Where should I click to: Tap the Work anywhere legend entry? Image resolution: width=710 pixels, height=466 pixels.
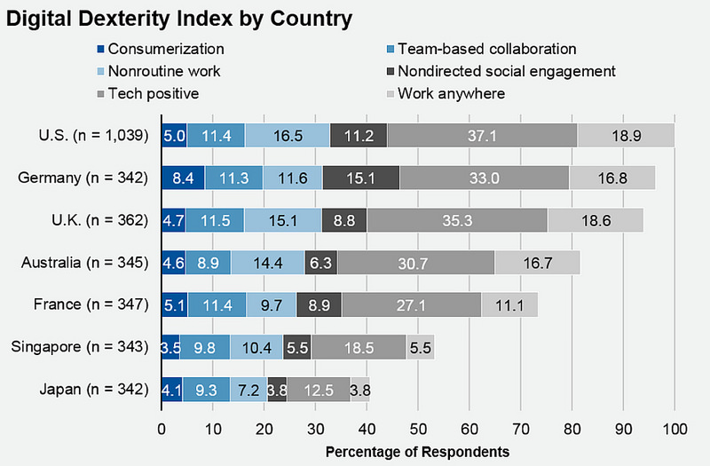click(x=452, y=93)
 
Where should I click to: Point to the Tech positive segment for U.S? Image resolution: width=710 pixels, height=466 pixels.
click(x=483, y=135)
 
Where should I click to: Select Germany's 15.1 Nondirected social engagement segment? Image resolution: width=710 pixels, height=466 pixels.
click(x=361, y=178)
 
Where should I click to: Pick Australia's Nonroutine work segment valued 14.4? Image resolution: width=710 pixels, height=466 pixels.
click(x=267, y=263)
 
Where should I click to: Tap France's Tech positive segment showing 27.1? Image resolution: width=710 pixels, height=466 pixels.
click(x=412, y=304)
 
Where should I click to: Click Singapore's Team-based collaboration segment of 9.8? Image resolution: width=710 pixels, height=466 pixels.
click(x=205, y=347)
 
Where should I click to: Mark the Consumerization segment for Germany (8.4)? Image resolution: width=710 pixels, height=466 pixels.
click(x=183, y=178)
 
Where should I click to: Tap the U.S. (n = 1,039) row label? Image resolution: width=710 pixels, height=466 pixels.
click(x=83, y=135)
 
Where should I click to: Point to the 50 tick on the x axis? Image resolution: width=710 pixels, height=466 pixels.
click(x=418, y=429)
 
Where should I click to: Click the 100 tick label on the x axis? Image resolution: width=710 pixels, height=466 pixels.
click(x=674, y=429)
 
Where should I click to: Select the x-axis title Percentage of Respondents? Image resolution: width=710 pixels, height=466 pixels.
click(x=417, y=452)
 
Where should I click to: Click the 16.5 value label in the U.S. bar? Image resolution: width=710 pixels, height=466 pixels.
click(x=288, y=135)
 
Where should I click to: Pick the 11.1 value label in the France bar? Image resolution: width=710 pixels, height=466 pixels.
click(x=509, y=304)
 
